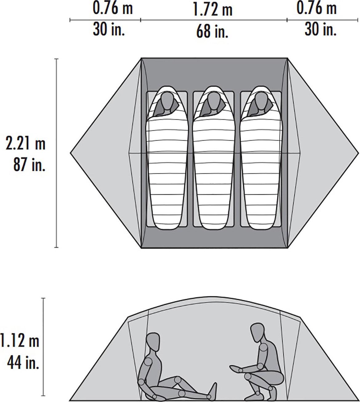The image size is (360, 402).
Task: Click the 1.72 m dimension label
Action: (x=212, y=10)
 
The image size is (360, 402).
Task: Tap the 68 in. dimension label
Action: (x=212, y=31)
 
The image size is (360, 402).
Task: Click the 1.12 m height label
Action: (x=20, y=341)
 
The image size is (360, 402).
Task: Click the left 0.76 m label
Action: (x=113, y=8)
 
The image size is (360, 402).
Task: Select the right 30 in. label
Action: (x=321, y=29)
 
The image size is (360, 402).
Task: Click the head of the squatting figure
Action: (x=257, y=333)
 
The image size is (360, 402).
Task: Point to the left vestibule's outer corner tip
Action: (x=71, y=153)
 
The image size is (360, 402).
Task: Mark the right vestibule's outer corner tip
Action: (x=358, y=153)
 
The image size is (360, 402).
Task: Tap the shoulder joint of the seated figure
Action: (x=148, y=362)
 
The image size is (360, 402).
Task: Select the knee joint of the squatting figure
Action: (x=248, y=376)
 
